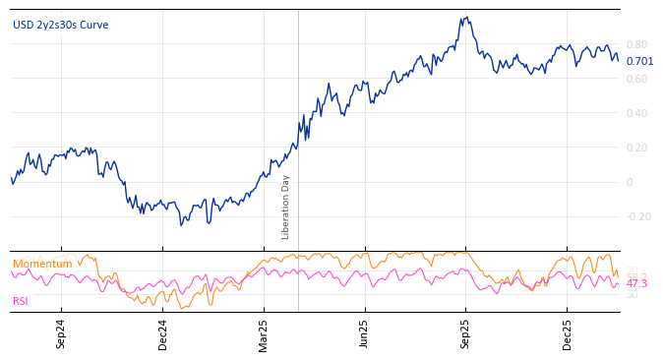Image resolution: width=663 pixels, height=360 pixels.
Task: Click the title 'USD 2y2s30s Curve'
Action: click(61, 25)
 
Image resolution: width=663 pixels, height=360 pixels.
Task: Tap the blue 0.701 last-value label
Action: click(639, 61)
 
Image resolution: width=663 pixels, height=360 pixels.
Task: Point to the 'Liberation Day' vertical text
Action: click(286, 207)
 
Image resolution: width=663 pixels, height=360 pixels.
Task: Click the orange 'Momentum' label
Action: click(42, 264)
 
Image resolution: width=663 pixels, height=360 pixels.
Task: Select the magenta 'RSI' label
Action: click(21, 301)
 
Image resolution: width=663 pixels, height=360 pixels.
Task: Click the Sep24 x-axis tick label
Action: click(61, 333)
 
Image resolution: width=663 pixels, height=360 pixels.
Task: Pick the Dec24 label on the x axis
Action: click(163, 333)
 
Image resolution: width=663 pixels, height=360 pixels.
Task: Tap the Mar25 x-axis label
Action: click(264, 333)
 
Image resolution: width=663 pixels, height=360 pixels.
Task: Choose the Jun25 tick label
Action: click(365, 333)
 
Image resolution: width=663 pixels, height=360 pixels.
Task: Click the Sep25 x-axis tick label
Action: click(466, 333)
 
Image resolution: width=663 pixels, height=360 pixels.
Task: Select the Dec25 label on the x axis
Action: click(568, 333)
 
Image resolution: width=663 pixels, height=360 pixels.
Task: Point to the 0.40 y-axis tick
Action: click(636, 113)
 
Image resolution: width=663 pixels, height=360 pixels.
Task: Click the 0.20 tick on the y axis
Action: click(636, 148)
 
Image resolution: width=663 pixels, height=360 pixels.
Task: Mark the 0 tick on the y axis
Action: click(630, 182)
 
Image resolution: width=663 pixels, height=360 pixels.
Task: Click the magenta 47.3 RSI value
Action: click(636, 283)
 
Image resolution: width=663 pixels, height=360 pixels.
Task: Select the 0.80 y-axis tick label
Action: click(636, 44)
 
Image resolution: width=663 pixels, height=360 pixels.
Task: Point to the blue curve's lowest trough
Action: click(181, 225)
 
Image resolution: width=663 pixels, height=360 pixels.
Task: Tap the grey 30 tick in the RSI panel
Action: click(632, 294)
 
